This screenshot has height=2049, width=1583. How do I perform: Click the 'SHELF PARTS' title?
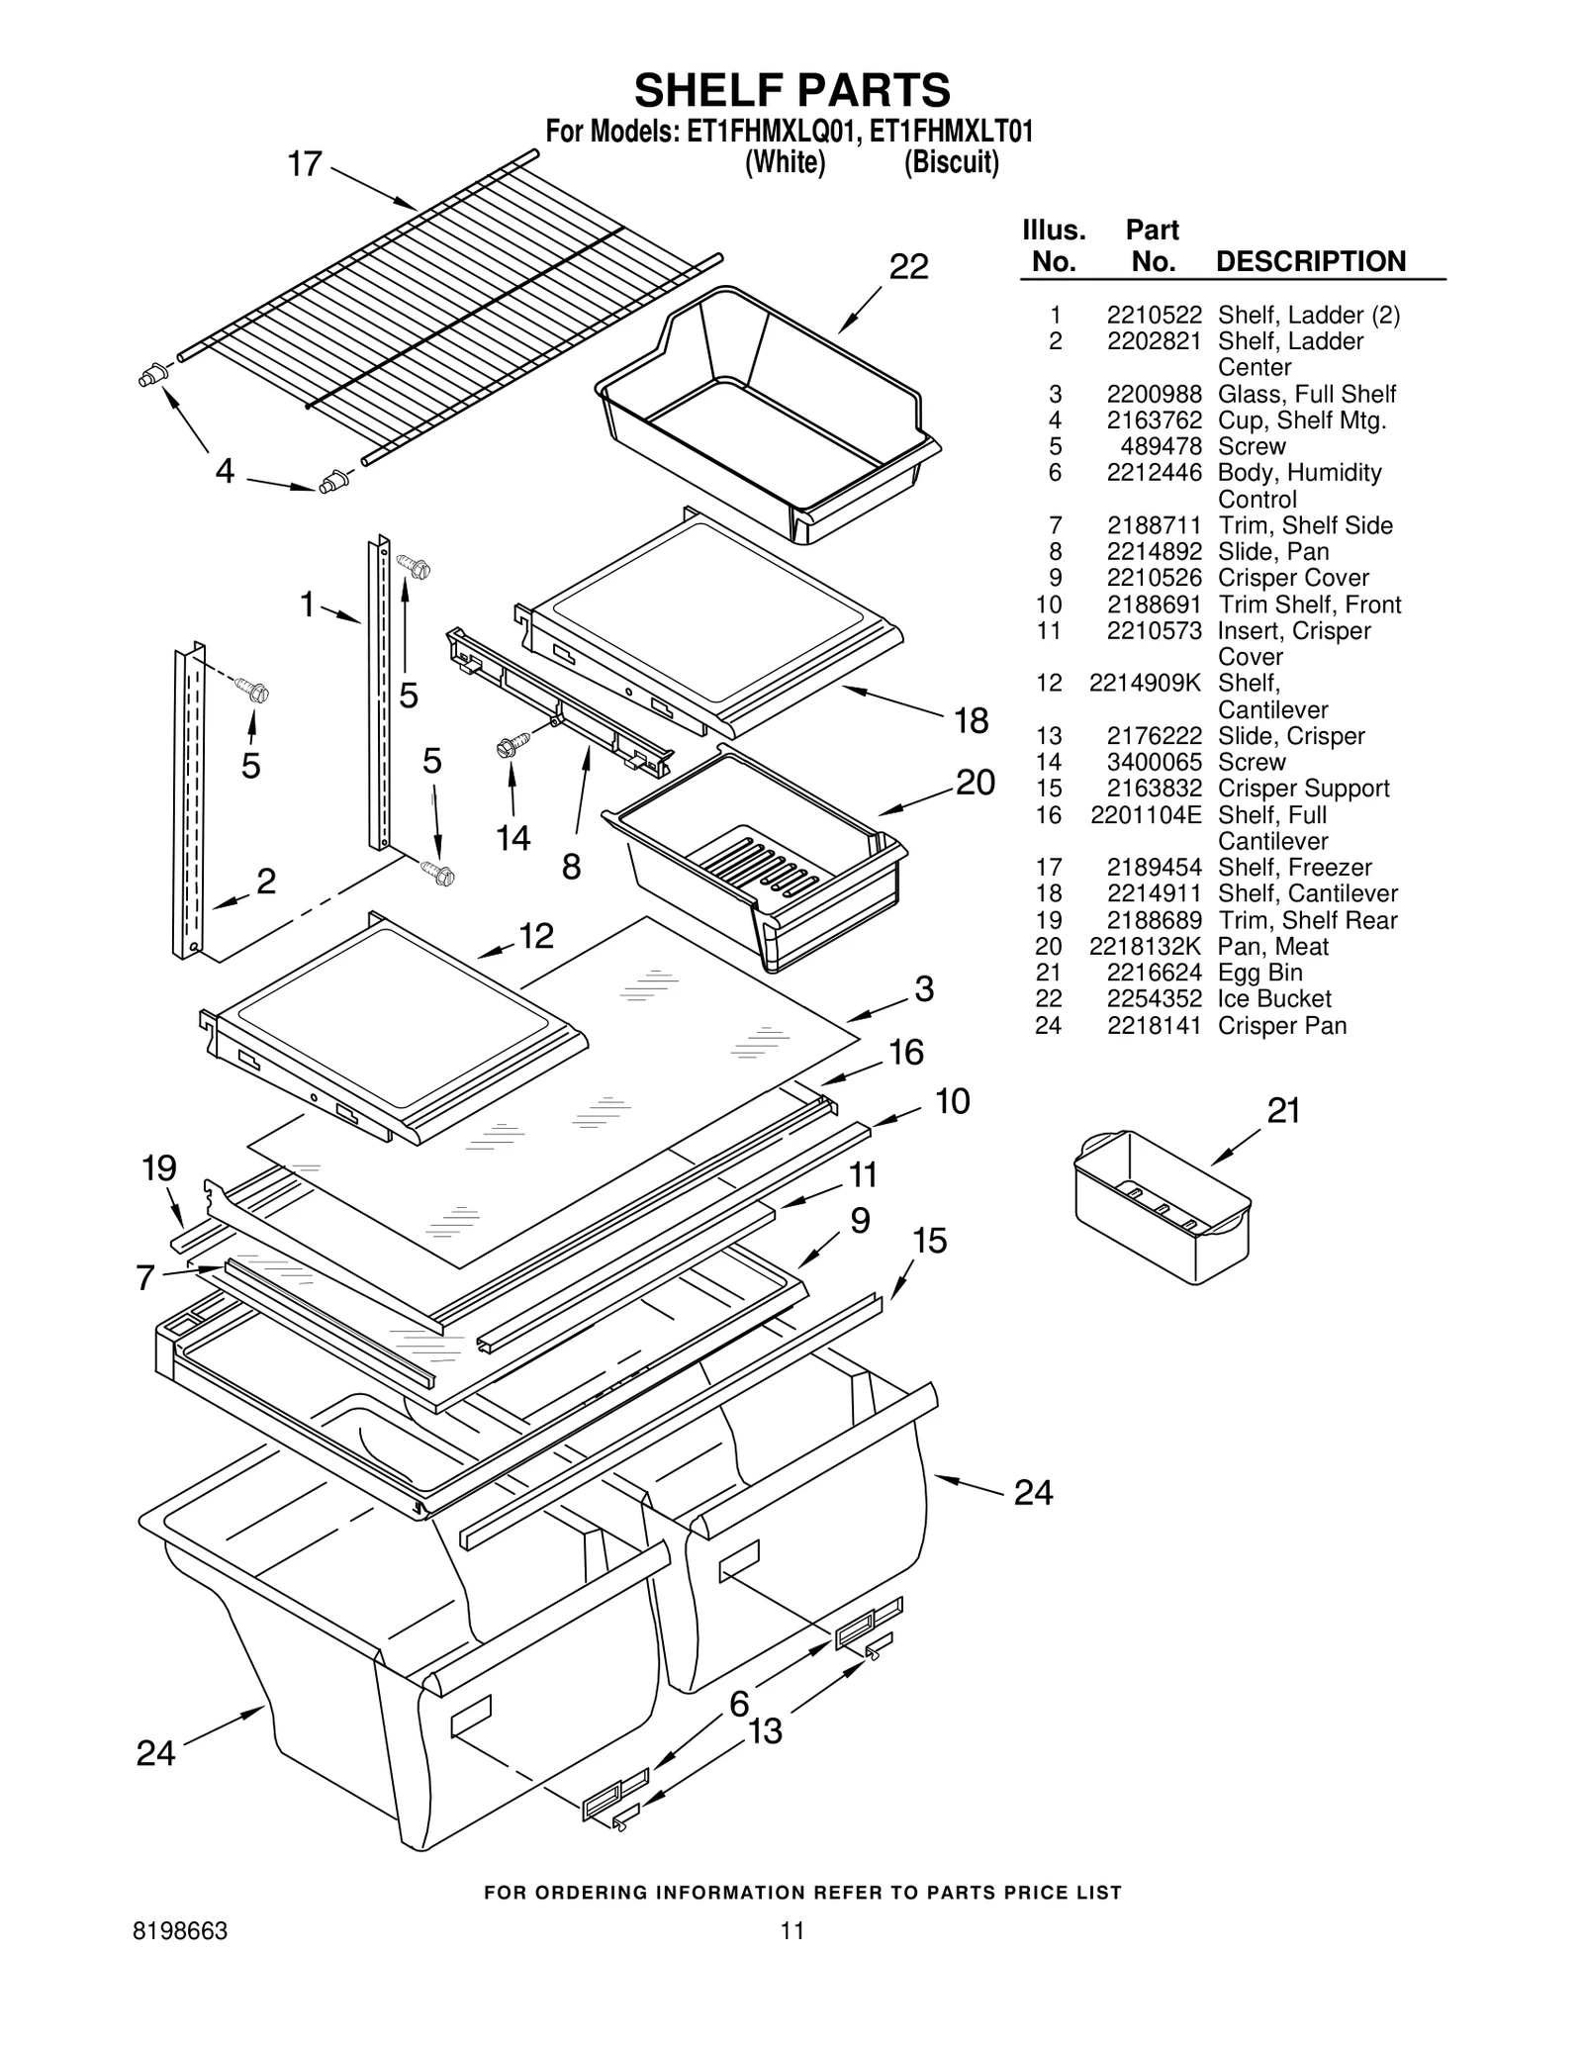791,91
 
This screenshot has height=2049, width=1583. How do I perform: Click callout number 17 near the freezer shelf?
305,164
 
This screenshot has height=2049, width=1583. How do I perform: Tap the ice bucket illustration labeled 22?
767,411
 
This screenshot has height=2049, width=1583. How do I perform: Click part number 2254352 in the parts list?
1154,999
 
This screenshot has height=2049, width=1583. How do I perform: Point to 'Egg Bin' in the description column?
1259,974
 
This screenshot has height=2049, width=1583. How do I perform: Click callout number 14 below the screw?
512,839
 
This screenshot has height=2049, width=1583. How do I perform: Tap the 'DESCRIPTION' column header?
1310,262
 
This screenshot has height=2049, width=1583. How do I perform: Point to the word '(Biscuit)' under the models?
951,162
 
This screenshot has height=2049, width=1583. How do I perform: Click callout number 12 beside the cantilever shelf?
536,936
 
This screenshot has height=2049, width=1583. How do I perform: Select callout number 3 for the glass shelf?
924,988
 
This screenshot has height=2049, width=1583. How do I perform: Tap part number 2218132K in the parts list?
1145,947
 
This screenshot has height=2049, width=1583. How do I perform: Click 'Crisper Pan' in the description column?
1282,1026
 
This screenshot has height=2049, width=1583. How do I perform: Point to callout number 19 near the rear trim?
158,1168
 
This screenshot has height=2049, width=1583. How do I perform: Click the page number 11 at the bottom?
791,1930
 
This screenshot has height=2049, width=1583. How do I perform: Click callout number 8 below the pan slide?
571,868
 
